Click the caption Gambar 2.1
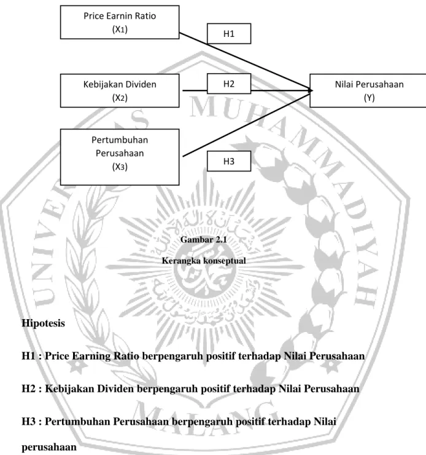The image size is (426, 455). coord(204,239)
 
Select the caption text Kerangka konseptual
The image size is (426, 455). coord(204,260)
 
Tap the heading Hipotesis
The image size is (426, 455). coord(43,323)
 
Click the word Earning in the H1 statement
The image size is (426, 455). coord(91,356)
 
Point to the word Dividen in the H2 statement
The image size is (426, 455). coord(115,388)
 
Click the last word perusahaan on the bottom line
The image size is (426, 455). coord(49,447)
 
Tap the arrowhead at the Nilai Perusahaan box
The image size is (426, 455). coord(311,90)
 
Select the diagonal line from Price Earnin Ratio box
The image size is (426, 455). coord(245,61)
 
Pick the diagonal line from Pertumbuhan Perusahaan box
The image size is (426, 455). coord(246,124)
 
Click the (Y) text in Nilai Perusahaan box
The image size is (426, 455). coord(370,98)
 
